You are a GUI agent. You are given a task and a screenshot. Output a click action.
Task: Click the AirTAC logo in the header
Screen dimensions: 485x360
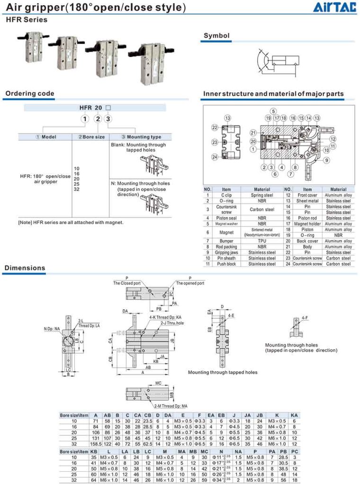click(x=333, y=7)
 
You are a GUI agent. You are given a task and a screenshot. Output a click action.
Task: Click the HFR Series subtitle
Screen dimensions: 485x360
click(x=27, y=20)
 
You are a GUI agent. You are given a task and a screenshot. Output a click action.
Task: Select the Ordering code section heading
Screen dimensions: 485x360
click(x=30, y=93)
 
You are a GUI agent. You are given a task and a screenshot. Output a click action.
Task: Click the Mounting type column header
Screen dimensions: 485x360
click(x=141, y=137)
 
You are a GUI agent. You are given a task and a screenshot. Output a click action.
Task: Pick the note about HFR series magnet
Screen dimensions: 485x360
click(x=71, y=222)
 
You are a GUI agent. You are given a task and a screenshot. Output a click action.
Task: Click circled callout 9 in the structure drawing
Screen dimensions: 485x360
click(x=327, y=161)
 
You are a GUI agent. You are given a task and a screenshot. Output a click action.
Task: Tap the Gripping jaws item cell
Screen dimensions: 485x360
click(x=226, y=252)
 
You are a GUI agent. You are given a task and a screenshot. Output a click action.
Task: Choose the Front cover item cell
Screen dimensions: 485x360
click(x=307, y=195)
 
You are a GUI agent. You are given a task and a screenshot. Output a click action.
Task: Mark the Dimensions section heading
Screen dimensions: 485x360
click(x=25, y=268)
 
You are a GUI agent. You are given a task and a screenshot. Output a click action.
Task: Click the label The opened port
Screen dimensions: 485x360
click(x=190, y=283)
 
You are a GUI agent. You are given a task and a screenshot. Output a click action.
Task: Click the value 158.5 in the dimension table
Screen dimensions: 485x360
click(x=96, y=444)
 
